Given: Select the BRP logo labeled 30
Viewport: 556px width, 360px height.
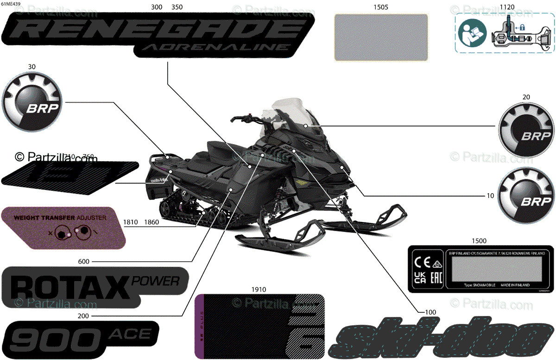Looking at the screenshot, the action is tap(32, 103).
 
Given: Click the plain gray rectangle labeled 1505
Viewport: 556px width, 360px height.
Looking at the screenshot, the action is tap(381, 37).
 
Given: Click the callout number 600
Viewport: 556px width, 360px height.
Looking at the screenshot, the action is tap(84, 262).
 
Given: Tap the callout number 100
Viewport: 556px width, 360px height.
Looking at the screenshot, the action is tap(430, 312).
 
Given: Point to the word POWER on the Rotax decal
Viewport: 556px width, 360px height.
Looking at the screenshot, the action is tap(156, 280).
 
